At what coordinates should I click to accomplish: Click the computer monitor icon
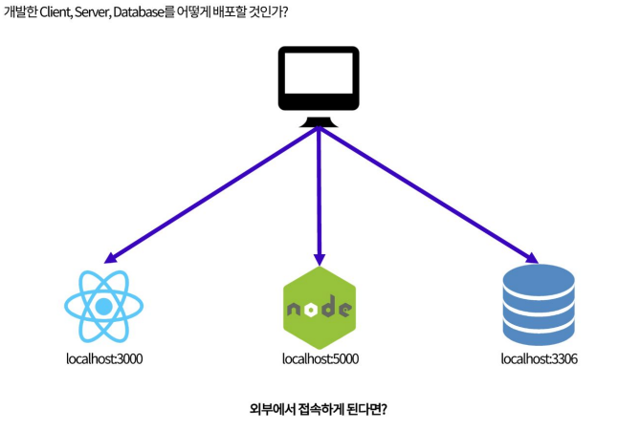click(x=319, y=85)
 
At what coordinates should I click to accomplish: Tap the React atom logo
click(x=103, y=306)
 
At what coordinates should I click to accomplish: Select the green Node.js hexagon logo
click(x=319, y=309)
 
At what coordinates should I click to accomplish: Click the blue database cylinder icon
click(x=538, y=307)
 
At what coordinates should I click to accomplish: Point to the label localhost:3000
click(x=103, y=359)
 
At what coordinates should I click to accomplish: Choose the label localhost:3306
click(x=539, y=359)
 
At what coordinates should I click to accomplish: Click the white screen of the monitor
click(x=319, y=79)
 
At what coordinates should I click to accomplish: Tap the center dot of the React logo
click(x=103, y=306)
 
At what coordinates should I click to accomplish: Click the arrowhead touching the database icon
click(x=529, y=257)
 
